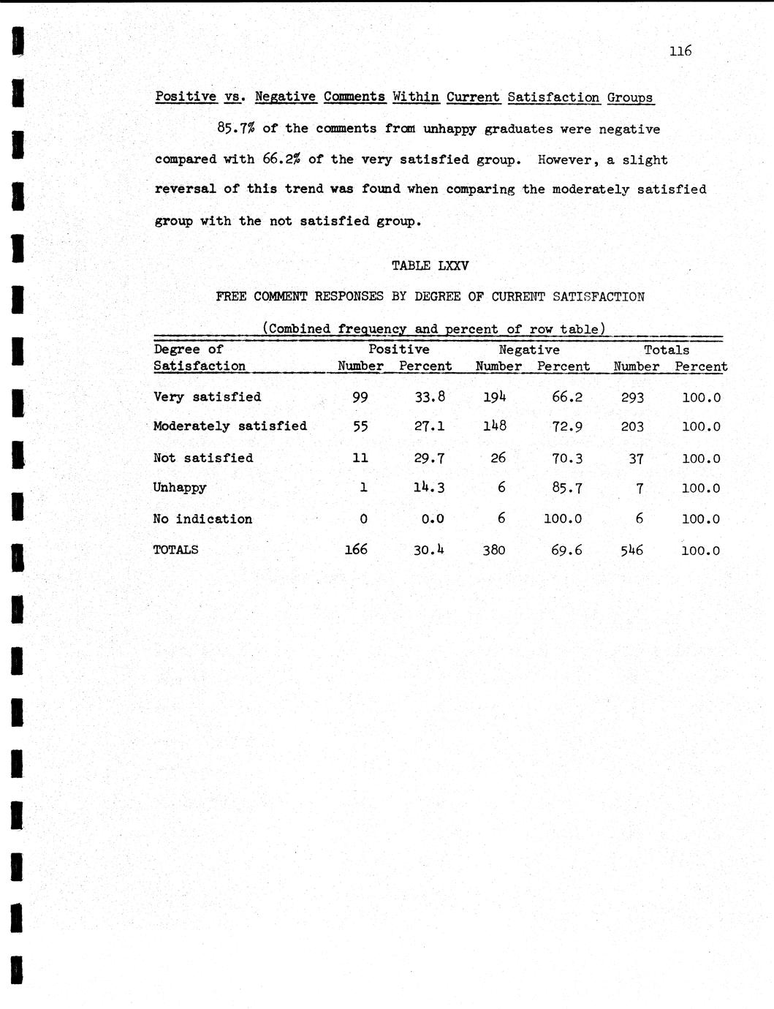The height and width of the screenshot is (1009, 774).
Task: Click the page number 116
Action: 680,51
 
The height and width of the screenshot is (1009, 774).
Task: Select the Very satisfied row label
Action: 207,397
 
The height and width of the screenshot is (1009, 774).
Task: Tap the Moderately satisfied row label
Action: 230,426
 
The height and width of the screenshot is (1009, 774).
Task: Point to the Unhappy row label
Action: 180,488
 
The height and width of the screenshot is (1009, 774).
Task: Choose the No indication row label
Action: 202,519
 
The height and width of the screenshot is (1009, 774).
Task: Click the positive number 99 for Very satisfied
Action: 360,398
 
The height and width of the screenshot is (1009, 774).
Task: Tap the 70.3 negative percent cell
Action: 567,458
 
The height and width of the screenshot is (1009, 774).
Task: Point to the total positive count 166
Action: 356,549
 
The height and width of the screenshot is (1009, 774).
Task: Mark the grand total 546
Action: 631,550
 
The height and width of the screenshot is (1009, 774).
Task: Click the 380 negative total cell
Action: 494,550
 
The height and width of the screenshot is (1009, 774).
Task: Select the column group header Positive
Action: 398,350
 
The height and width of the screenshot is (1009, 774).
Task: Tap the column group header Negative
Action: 529,350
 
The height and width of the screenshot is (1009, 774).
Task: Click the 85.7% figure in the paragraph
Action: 235,129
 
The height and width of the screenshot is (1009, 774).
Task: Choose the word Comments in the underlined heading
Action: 354,97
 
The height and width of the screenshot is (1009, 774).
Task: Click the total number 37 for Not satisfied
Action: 636,458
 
